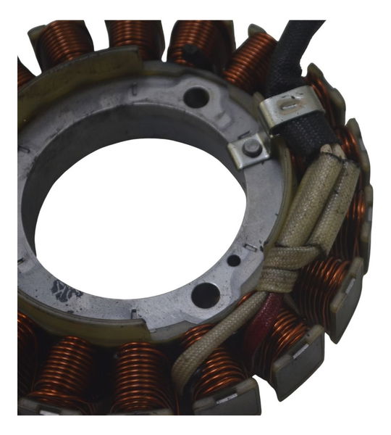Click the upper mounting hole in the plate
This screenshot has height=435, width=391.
pyautogui.click(x=195, y=98)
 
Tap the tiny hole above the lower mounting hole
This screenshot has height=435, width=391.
pyautogui.click(x=233, y=260)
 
